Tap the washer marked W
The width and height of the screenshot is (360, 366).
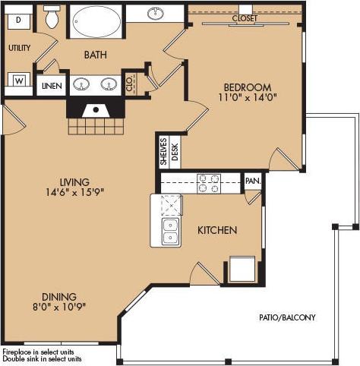(x=18, y=79)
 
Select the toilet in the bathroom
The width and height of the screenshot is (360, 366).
(x=52, y=18)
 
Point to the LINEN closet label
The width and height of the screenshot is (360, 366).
(x=52, y=86)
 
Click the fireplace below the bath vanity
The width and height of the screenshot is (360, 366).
(x=96, y=110)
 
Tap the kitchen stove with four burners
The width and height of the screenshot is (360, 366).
(x=209, y=183)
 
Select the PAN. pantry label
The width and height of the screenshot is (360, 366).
(x=252, y=181)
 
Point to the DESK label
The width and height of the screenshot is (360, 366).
(x=175, y=151)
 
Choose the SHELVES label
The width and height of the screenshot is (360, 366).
(x=163, y=151)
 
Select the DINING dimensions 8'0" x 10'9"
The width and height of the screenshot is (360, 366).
(x=60, y=308)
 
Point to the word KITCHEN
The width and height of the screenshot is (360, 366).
(x=218, y=230)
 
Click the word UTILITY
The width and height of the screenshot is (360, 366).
(x=19, y=48)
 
